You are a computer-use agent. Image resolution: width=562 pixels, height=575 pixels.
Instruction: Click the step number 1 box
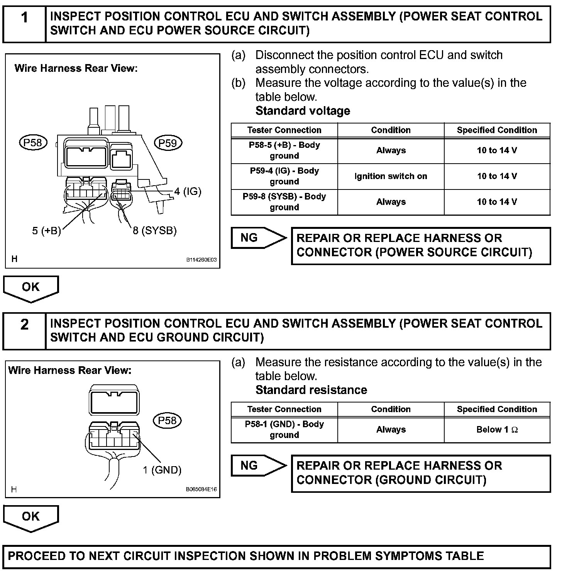(x=24, y=24)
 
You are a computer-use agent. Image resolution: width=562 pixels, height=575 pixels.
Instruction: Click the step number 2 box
(x=24, y=331)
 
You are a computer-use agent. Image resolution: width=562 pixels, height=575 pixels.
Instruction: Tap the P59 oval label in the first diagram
(x=168, y=143)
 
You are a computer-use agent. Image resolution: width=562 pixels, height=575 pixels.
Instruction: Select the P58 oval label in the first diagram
(x=33, y=143)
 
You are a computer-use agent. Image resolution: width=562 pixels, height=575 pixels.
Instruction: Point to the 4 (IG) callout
(x=188, y=191)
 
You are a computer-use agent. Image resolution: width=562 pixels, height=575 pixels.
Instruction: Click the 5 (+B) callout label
(x=46, y=231)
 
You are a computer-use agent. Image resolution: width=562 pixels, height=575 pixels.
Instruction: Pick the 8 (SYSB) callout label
(x=154, y=231)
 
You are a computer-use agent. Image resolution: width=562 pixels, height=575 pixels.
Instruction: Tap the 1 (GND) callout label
(x=162, y=470)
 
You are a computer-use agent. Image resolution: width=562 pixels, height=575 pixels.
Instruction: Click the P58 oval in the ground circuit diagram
(x=167, y=420)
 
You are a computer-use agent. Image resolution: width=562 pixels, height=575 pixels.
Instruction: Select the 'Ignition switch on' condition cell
(x=391, y=176)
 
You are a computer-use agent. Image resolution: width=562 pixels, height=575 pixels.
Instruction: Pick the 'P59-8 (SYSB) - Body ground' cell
(x=284, y=202)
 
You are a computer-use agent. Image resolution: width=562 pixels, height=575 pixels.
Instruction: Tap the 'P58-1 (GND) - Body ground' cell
(x=284, y=430)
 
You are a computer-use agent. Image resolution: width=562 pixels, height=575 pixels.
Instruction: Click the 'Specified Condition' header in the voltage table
(x=497, y=130)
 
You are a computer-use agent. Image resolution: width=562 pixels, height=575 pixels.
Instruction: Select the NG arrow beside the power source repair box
(x=258, y=238)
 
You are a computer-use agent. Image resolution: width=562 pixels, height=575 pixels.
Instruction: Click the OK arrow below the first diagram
(x=31, y=288)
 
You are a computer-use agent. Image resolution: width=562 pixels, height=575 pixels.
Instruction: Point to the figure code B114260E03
(x=201, y=260)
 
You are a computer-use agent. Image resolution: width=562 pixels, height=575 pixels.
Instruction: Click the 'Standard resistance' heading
(x=311, y=390)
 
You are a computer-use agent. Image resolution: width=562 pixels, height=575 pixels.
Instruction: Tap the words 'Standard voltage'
(x=303, y=111)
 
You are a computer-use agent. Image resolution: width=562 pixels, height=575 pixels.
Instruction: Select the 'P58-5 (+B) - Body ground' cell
(x=284, y=151)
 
